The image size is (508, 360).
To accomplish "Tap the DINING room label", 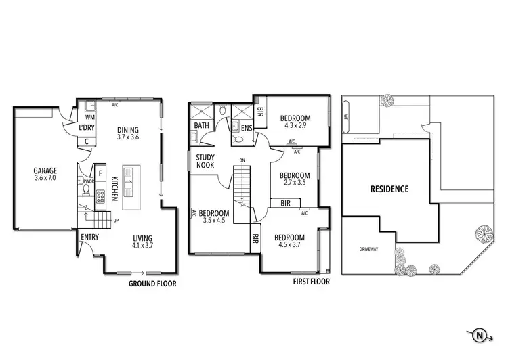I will click(128, 131).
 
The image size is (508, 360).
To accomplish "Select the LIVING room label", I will click(142, 238).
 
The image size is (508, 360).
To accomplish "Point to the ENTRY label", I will click(89, 237).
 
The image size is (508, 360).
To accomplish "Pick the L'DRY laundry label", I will click(86, 127).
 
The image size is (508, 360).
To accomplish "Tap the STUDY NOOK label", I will click(205, 161).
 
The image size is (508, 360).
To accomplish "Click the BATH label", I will click(202, 126).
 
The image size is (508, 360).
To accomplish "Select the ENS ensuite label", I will click(246, 127).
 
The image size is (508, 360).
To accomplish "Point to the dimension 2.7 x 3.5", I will click(295, 183).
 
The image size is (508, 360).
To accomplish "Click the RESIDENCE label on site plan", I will click(389, 189).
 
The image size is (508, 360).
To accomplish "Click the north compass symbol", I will click(480, 334).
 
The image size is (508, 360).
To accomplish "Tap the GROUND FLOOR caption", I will click(152, 284).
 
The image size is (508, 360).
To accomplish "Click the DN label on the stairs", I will click(242, 160).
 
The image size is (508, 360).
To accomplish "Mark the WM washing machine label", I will click(89, 117).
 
